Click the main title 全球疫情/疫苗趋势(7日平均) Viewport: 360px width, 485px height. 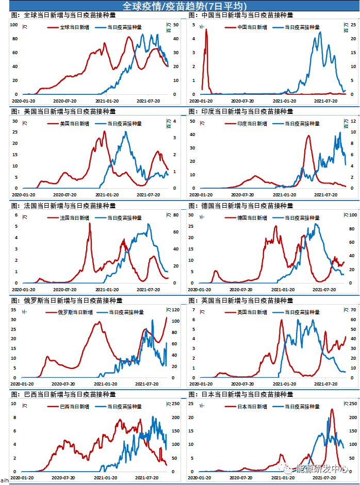pos(181,6)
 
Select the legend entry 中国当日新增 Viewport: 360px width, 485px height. pos(253,27)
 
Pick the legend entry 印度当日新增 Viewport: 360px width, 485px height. pos(253,124)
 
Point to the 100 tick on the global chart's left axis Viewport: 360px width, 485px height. pos(14,25)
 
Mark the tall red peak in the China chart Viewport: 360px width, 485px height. pos(206,30)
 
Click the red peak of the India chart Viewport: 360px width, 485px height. pos(308,136)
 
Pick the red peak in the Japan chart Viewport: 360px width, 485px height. pos(331,410)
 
